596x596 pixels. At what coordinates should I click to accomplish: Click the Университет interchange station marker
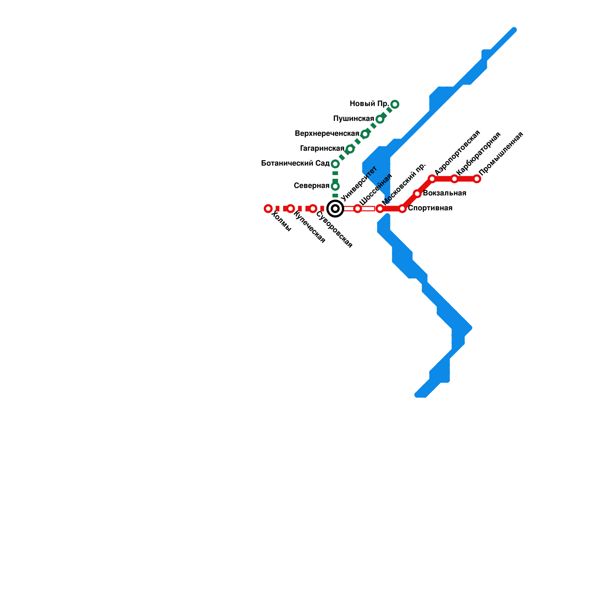pyautogui.click(x=335, y=209)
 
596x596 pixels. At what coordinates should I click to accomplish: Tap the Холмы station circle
pyautogui.click(x=268, y=209)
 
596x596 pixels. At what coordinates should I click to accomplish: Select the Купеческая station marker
pyautogui.click(x=291, y=209)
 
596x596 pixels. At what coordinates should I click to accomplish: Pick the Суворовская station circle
pyautogui.click(x=313, y=209)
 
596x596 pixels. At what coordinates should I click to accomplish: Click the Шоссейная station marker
pyautogui.click(x=358, y=209)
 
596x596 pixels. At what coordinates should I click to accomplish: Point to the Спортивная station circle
pyautogui.click(x=402, y=209)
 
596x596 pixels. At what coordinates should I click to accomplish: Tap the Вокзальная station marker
pyautogui.click(x=417, y=194)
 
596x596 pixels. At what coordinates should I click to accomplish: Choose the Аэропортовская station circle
pyautogui.click(x=432, y=179)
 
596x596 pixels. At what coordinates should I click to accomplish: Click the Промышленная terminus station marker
pyautogui.click(x=477, y=179)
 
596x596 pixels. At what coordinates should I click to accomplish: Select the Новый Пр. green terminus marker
pyautogui.click(x=395, y=104)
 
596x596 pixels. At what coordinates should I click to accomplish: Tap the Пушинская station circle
pyautogui.click(x=380, y=119)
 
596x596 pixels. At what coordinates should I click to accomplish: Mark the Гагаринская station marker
pyautogui.click(x=350, y=149)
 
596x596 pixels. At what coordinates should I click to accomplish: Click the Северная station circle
pyautogui.click(x=335, y=186)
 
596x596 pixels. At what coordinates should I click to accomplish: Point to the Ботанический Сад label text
pyautogui.click(x=295, y=164)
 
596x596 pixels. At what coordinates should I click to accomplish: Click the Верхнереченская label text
pyautogui.click(x=327, y=134)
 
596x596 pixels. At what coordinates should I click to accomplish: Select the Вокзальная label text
pyautogui.click(x=444, y=193)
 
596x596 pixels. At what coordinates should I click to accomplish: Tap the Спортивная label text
pyautogui.click(x=430, y=208)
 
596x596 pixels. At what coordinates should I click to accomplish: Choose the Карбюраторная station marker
pyautogui.click(x=454, y=179)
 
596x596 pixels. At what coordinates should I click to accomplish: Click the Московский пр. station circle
pyautogui.click(x=380, y=209)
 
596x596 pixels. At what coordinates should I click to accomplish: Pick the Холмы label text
pyautogui.click(x=281, y=221)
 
